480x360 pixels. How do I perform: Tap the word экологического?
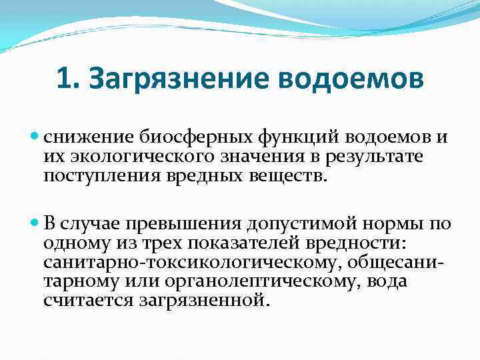tap(136, 156)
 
